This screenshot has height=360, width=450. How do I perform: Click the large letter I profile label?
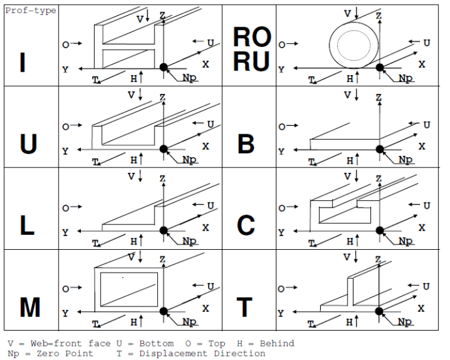[x=23, y=63]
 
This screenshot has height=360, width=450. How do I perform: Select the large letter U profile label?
[x=28, y=143]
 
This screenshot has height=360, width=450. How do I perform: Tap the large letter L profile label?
[x=27, y=225]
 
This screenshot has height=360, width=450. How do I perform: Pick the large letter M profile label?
[x=29, y=307]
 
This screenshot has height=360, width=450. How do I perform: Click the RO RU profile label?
[x=251, y=50]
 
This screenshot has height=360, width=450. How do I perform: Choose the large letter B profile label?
[x=245, y=143]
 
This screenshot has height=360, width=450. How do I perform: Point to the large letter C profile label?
[x=245, y=225]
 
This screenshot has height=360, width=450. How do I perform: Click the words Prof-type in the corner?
[x=31, y=10]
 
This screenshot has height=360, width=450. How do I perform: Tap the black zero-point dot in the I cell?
[x=163, y=67]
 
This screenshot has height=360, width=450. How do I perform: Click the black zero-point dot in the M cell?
[x=163, y=312]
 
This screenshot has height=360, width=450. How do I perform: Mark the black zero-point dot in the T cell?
[x=379, y=312]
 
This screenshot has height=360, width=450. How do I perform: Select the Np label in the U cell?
[x=190, y=160]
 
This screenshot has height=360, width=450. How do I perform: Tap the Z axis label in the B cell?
[x=378, y=97]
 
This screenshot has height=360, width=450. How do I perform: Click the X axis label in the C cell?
[x=421, y=228]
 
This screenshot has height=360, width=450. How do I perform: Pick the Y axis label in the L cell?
[x=65, y=232]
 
